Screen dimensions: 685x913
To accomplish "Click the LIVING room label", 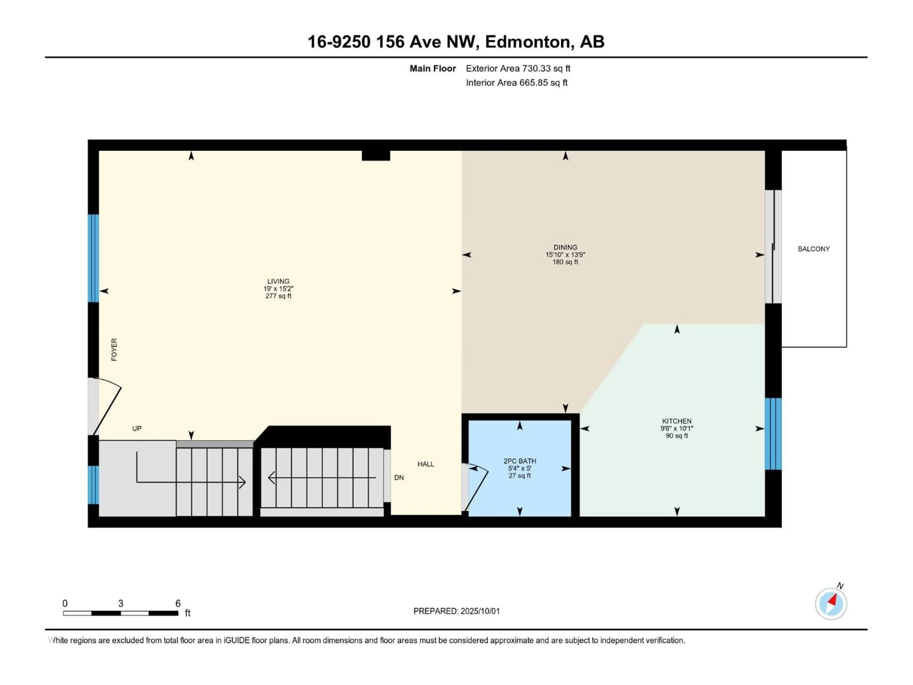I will pyautogui.click(x=278, y=281).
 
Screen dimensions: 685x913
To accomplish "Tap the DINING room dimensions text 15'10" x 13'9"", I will pyautogui.click(x=565, y=255).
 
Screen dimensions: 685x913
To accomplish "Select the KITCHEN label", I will pyautogui.click(x=676, y=421).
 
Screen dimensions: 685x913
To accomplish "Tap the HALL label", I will pyautogui.click(x=426, y=464).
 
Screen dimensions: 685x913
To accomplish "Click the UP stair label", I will pyautogui.click(x=137, y=429).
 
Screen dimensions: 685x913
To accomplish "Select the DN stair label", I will pyautogui.click(x=399, y=478).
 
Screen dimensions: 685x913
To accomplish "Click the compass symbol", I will pyautogui.click(x=831, y=604).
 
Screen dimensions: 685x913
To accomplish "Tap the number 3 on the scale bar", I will pyautogui.click(x=121, y=603).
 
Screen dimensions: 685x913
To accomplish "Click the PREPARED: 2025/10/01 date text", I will pyautogui.click(x=456, y=611).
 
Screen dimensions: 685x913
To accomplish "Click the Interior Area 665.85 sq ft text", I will pyautogui.click(x=516, y=83).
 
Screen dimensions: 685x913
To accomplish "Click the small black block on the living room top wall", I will pyautogui.click(x=376, y=155).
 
